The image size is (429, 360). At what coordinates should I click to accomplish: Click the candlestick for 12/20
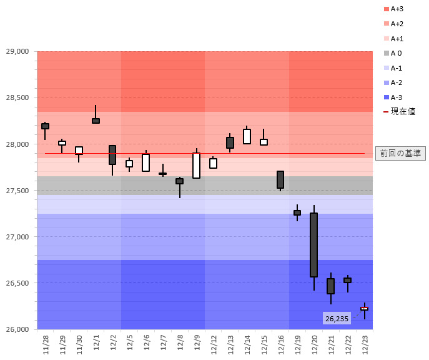[313, 245]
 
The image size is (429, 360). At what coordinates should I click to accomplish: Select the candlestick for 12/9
[196, 166]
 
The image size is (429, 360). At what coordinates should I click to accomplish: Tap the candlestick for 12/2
[112, 155]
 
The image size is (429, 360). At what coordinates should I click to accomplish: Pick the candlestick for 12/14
[247, 136]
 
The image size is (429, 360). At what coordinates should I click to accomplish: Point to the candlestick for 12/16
[280, 179]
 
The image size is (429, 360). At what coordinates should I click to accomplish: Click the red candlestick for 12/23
[364, 309]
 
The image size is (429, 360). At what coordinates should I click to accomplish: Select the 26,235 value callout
[337, 319]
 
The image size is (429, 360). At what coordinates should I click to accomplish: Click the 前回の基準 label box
[400, 153]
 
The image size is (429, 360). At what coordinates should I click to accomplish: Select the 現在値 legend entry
[398, 111]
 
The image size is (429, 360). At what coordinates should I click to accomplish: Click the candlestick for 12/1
[96, 121]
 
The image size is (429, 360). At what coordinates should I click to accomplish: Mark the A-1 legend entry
[395, 67]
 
